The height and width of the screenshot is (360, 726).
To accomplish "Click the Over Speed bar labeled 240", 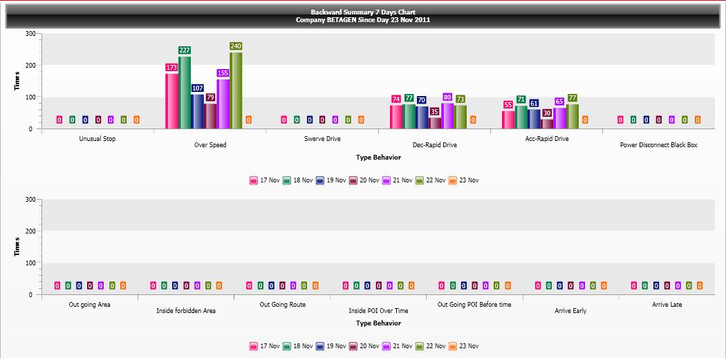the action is point(236,91).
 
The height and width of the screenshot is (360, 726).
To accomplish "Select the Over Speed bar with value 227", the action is point(185,93).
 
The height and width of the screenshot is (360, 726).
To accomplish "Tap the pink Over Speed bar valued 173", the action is point(171,101).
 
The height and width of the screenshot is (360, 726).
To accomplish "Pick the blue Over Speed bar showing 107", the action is point(198,111).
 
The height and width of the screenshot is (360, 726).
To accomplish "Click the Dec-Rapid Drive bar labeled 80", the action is point(448,115).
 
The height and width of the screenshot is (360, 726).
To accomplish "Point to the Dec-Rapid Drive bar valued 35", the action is point(435,123).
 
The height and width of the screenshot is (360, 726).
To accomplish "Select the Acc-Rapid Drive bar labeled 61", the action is point(534,119).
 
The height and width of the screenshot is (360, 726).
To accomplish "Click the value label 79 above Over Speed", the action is point(211,97).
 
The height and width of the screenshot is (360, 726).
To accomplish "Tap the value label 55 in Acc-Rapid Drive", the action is point(508,104).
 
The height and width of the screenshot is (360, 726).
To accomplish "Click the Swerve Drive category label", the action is point(322,139).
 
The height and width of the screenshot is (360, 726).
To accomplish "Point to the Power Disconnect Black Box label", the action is point(658,145).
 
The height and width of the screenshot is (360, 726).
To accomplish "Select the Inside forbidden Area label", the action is point(186,311).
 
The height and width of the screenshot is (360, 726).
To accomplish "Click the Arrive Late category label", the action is point(667,305).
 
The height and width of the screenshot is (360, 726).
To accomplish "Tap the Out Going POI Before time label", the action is point(474,305).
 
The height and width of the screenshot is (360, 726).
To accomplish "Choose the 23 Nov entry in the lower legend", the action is point(464,346).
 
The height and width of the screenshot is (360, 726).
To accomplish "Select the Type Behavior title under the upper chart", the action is point(379,158).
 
